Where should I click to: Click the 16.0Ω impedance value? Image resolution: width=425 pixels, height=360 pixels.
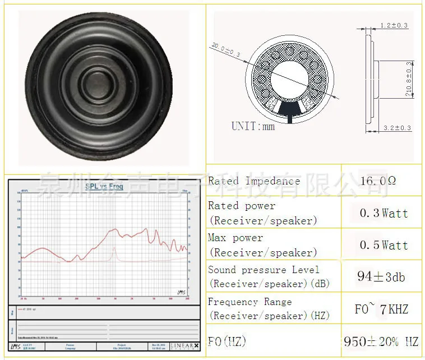click(x=378, y=181)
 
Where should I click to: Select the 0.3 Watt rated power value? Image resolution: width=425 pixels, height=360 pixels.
click(x=384, y=213)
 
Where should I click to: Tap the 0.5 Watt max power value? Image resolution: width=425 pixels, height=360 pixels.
click(x=384, y=245)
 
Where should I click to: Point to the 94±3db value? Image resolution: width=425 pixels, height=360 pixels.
click(x=381, y=276)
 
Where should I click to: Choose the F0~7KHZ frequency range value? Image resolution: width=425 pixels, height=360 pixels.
click(x=381, y=309)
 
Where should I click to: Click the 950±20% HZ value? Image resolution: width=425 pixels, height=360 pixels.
click(x=381, y=341)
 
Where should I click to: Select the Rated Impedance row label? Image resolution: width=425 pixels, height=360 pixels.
click(x=253, y=181)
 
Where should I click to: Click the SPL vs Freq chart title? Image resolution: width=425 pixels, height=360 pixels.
click(x=104, y=186)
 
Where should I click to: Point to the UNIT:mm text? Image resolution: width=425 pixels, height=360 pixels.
click(x=253, y=126)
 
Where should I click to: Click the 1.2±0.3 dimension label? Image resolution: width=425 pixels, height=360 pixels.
click(x=394, y=26)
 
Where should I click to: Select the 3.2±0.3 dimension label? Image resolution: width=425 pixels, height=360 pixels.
click(x=397, y=128)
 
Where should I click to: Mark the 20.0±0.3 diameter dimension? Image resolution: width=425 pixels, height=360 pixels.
click(x=226, y=50)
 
